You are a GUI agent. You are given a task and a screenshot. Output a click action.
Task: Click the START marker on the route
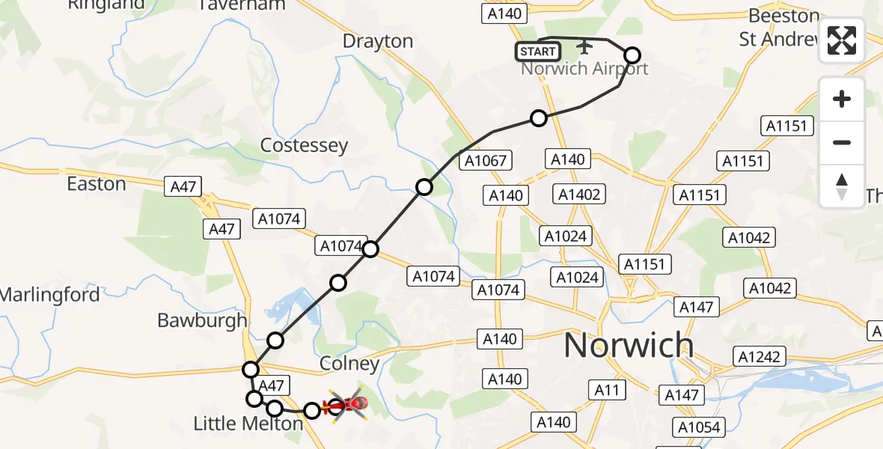[x=537, y=52]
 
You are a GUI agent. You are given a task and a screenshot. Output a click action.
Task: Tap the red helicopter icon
[x=345, y=406]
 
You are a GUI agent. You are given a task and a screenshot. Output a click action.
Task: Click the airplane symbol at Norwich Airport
[x=584, y=47]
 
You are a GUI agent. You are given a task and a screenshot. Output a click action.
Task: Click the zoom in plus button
[x=842, y=100]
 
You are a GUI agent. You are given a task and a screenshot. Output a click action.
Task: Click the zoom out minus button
[x=842, y=142]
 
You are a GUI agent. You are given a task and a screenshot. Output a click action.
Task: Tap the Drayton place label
[x=378, y=41]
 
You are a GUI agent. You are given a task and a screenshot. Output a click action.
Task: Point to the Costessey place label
[x=304, y=145]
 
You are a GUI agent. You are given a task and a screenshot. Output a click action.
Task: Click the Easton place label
[x=97, y=183]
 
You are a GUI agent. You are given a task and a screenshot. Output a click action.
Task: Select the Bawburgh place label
[x=202, y=320]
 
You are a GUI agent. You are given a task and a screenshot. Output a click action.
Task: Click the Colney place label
[x=349, y=364]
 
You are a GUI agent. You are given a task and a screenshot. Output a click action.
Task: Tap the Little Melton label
[x=248, y=424]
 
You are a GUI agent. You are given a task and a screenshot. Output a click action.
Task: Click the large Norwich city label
[x=628, y=346]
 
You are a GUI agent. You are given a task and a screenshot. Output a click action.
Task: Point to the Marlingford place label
[x=49, y=295]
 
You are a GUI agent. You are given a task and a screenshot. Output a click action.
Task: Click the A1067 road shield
[x=486, y=160]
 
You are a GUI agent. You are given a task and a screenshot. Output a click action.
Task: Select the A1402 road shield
[x=579, y=195]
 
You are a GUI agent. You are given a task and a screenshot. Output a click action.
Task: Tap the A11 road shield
[x=607, y=390]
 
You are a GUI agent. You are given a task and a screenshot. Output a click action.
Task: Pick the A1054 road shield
[x=699, y=427]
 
